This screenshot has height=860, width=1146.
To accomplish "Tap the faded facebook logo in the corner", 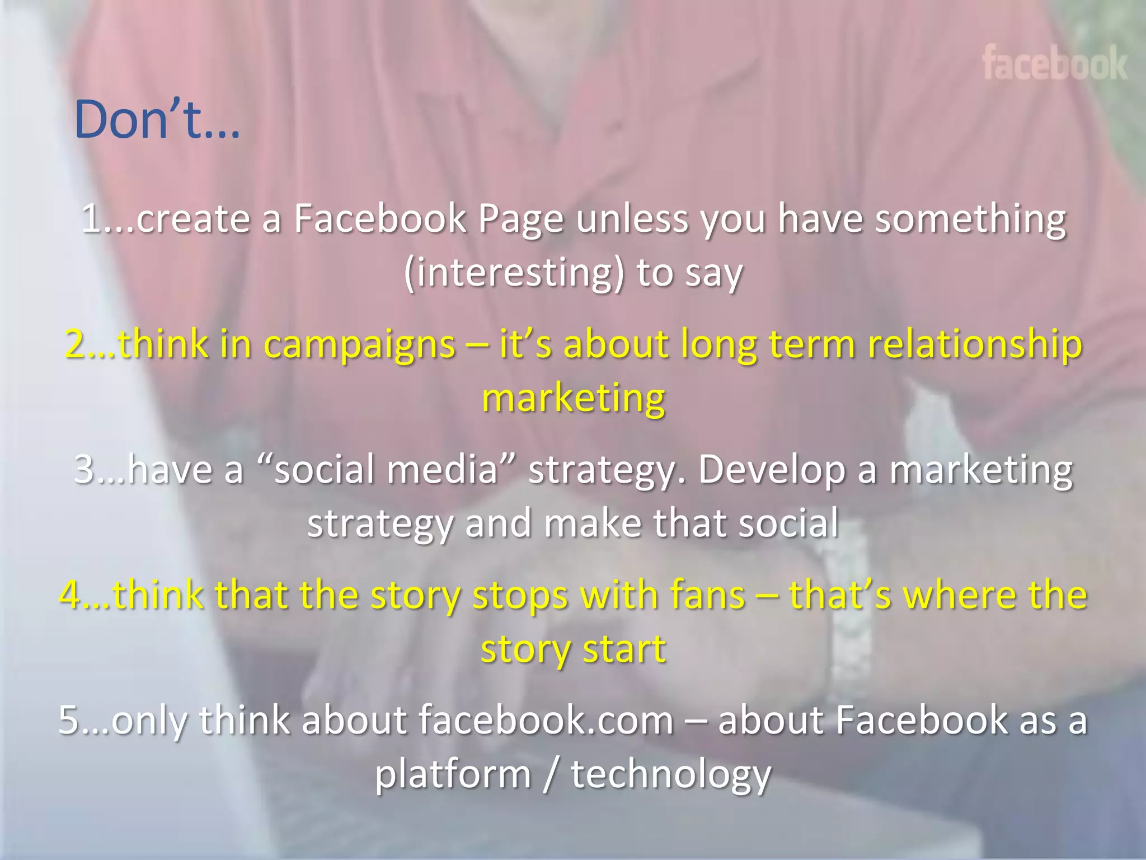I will (1054, 63).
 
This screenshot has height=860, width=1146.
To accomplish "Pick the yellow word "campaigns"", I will (359, 344).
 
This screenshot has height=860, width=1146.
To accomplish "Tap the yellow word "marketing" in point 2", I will (573, 398).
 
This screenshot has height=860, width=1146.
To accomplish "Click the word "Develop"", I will (772, 469).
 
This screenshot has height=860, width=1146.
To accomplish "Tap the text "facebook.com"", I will (546, 720).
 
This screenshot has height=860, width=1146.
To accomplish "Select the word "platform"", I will (453, 774).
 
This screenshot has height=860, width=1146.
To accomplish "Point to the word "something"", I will (970, 219).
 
